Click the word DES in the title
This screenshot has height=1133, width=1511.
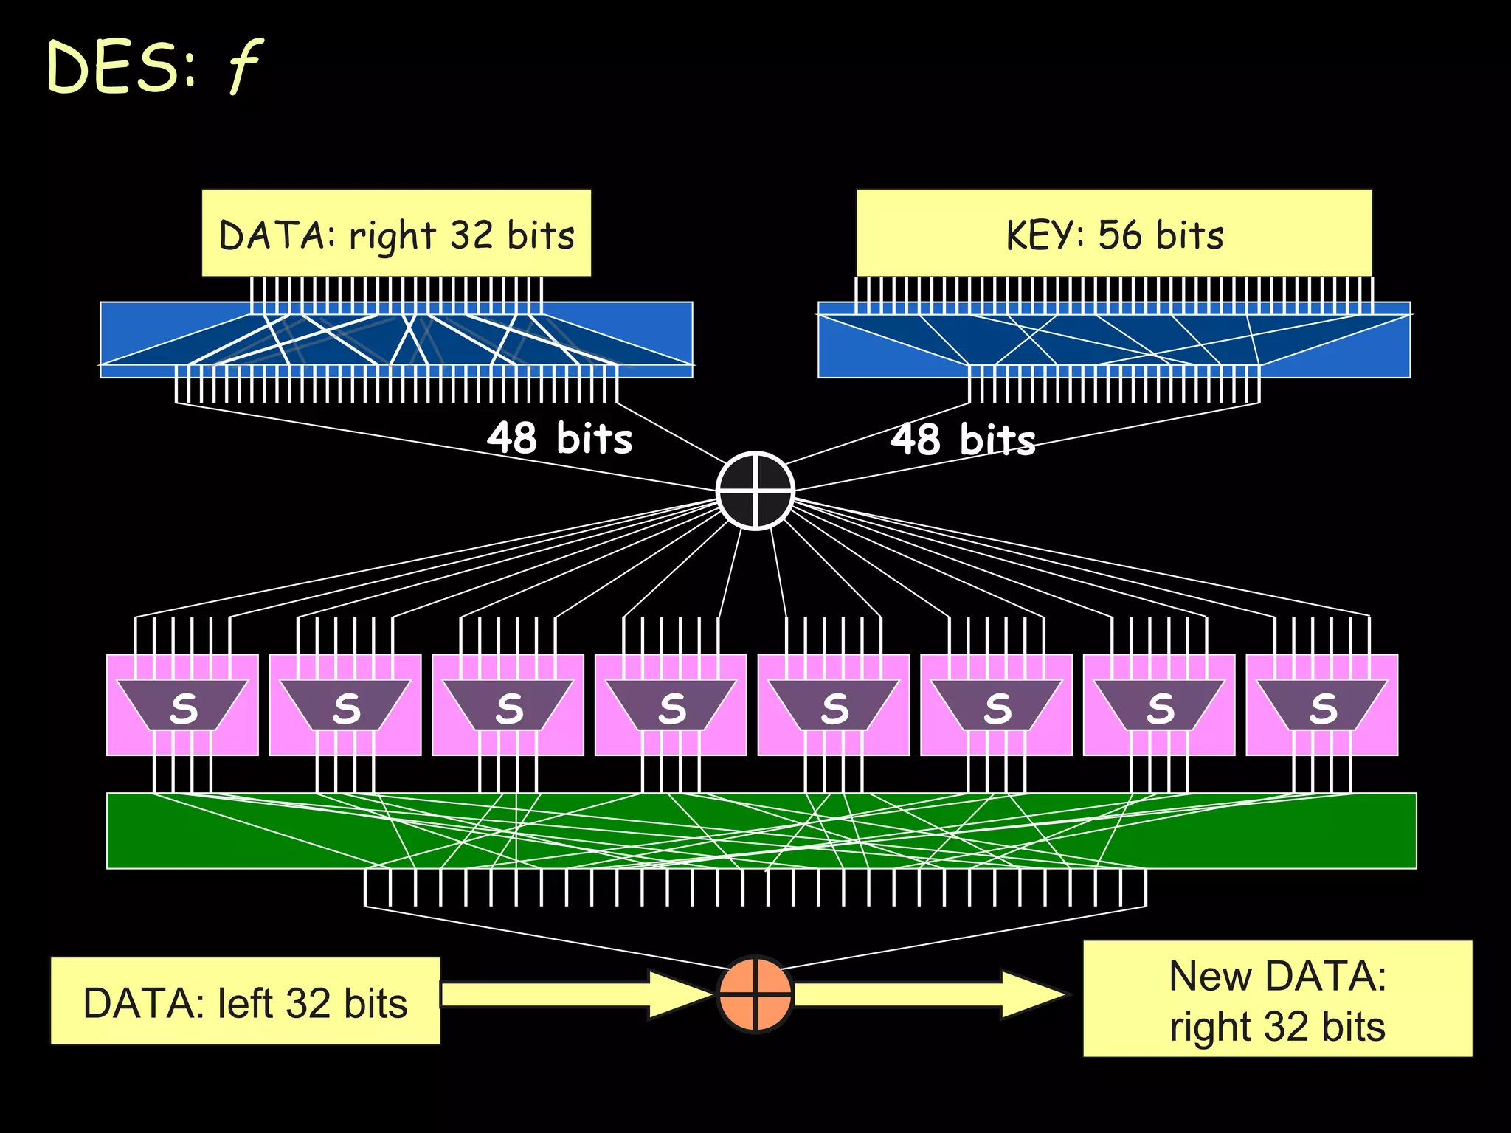(111, 68)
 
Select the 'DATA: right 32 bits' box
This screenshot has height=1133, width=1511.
(396, 234)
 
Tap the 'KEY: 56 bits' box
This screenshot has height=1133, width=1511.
(1114, 234)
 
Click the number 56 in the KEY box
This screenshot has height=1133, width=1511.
(1118, 235)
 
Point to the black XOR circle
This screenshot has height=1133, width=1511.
(755, 491)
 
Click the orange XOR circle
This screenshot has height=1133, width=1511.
(755, 994)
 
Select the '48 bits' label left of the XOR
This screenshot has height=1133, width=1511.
(559, 438)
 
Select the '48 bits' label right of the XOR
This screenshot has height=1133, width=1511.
(963, 440)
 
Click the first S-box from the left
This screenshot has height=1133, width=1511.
(182, 705)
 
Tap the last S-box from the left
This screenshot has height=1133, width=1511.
(1322, 705)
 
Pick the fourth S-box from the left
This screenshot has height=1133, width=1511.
(671, 705)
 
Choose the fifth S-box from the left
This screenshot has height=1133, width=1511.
(834, 705)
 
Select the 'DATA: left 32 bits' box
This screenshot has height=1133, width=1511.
(245, 1002)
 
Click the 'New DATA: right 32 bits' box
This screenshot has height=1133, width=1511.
(1277, 999)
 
